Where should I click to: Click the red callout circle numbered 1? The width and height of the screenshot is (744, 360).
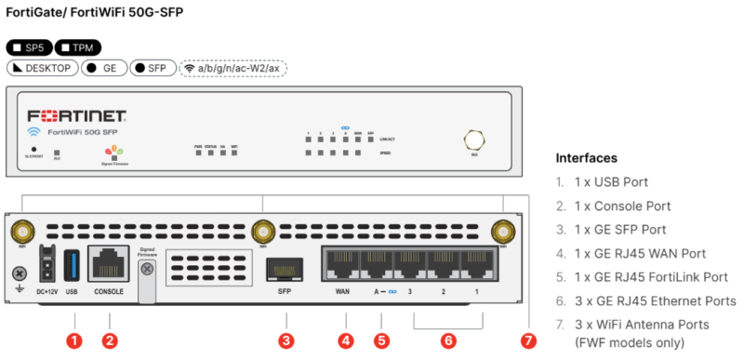tap(74, 340)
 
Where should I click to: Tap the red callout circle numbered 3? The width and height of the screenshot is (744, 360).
tap(286, 340)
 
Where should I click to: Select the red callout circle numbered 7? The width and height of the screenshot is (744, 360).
tap(528, 340)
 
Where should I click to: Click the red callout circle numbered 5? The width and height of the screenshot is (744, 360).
tap(379, 340)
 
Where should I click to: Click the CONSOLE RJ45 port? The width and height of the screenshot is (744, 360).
tap(108, 263)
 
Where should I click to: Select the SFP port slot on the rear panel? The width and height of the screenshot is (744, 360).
tap(285, 270)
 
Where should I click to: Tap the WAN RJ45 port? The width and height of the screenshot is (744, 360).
tap(341, 264)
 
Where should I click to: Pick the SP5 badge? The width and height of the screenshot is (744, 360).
tap(29, 47)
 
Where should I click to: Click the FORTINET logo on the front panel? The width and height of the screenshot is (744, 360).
tap(76, 116)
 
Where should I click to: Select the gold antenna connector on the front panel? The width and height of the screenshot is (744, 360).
tap(473, 140)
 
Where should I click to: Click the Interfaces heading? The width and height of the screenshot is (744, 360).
tap(587, 157)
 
